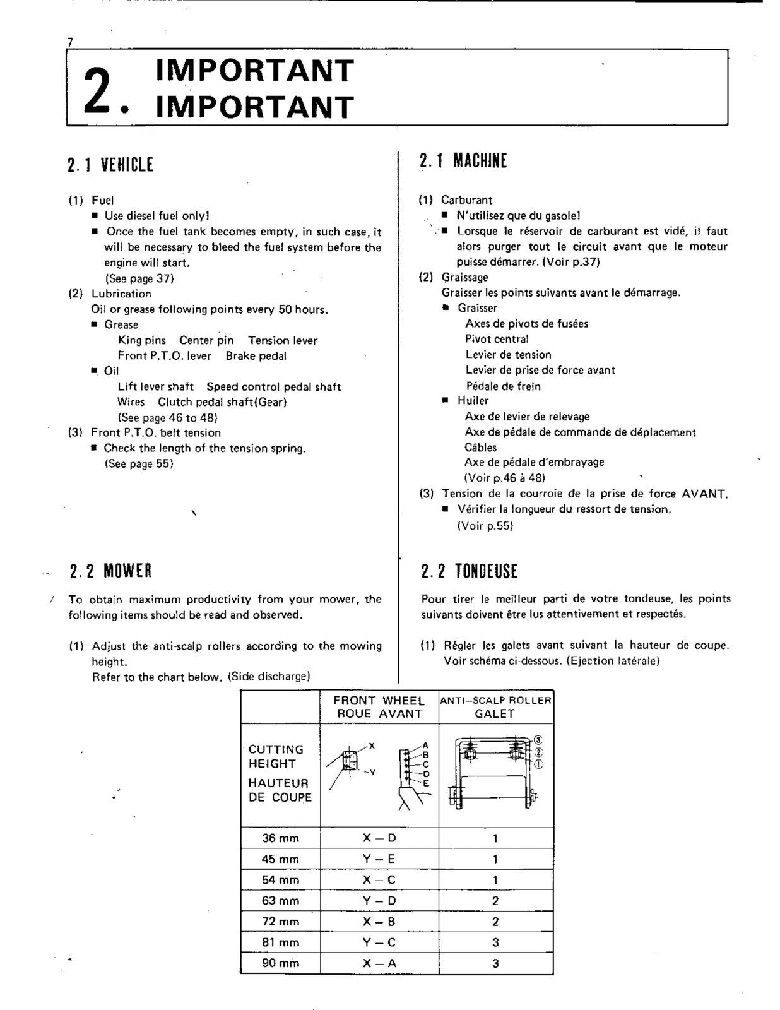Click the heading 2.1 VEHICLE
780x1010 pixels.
(110, 165)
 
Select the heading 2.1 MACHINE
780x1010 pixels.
(463, 161)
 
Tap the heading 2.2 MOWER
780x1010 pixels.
(110, 571)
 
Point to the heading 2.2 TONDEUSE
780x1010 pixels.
(469, 571)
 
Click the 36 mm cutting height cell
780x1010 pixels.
(280, 838)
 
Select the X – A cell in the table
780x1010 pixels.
(379, 963)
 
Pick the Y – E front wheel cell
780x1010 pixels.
(379, 859)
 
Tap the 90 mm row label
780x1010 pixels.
(280, 963)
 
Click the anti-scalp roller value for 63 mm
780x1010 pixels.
(495, 901)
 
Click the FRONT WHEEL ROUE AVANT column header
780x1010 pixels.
(379, 707)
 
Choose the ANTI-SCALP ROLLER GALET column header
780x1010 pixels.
(495, 707)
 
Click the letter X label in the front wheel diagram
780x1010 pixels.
(372, 746)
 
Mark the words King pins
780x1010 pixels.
(141, 340)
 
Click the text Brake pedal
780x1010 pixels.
(256, 356)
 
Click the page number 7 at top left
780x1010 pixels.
(70, 42)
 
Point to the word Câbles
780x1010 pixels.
(480, 448)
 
